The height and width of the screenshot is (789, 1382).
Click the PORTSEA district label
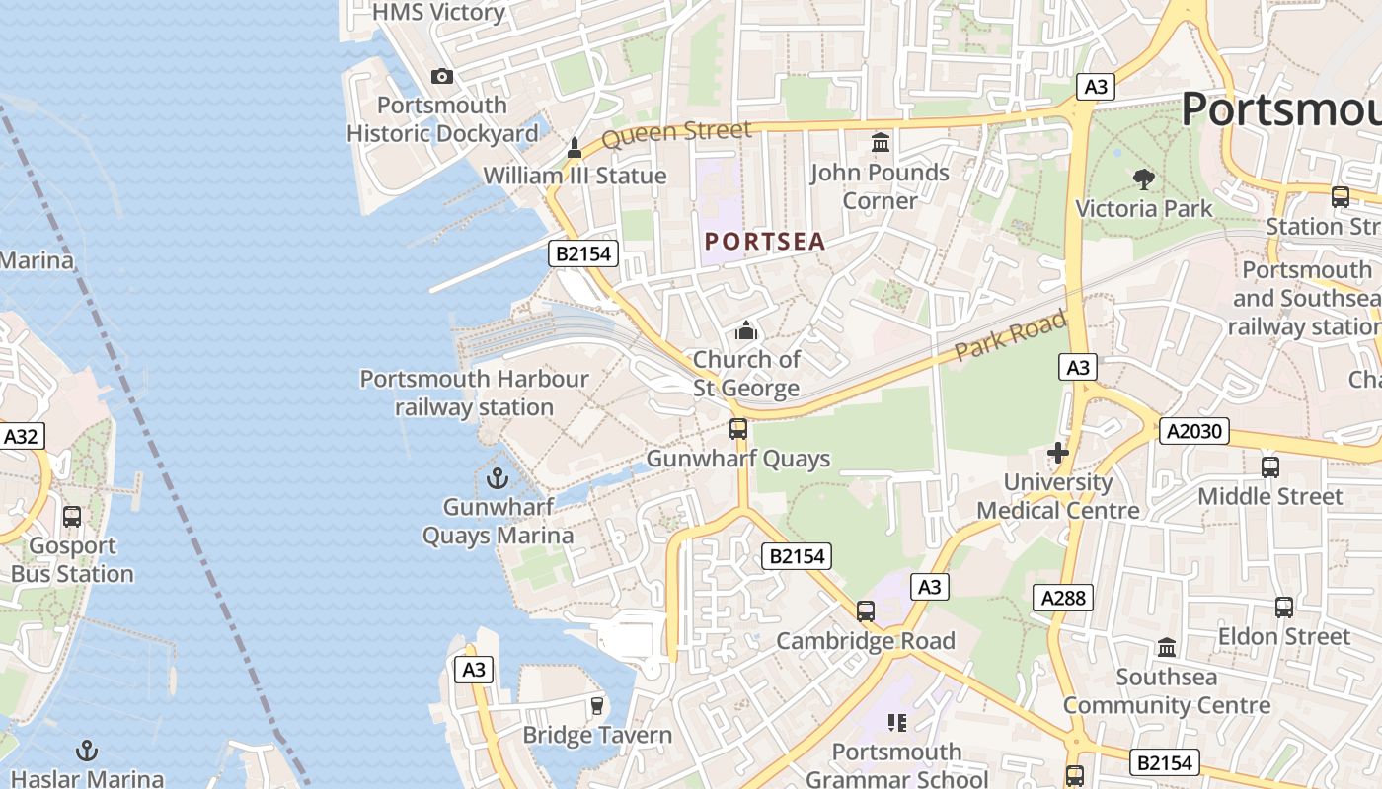(765, 242)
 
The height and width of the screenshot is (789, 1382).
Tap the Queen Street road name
(676, 133)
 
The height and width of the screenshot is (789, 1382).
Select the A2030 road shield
(1193, 431)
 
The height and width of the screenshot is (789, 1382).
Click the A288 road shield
(1063, 597)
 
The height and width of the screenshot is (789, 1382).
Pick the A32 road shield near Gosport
(22, 436)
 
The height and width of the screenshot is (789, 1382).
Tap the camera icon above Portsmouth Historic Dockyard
(442, 76)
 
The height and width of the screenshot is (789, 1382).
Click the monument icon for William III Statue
(575, 148)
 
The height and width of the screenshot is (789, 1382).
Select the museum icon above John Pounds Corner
(881, 144)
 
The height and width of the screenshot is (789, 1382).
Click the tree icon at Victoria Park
(1144, 179)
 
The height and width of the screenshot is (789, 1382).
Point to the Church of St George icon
(746, 330)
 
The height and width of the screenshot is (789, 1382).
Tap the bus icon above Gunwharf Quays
(737, 429)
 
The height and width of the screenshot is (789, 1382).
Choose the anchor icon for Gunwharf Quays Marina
(498, 479)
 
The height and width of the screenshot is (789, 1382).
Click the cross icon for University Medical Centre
(1058, 454)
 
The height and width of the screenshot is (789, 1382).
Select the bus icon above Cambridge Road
(866, 611)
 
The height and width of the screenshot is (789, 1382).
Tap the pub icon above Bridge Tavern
(596, 706)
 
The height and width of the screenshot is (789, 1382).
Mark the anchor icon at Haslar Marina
(88, 752)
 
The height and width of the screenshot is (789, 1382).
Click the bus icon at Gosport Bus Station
(72, 517)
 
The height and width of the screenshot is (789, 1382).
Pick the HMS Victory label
(438, 12)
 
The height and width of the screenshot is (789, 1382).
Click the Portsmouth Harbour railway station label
(474, 393)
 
